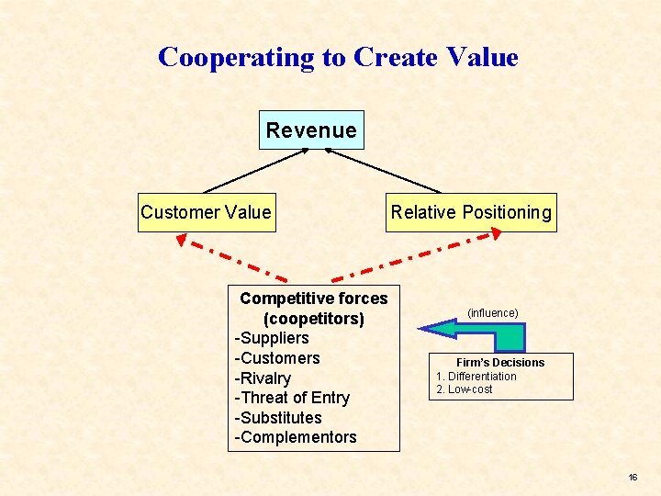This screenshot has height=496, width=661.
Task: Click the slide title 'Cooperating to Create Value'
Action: (x=338, y=57)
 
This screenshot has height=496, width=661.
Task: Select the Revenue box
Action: (x=311, y=130)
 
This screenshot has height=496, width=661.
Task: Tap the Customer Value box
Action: (x=206, y=212)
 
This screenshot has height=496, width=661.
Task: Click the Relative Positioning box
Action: (x=471, y=212)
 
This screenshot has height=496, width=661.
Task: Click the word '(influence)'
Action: (x=493, y=313)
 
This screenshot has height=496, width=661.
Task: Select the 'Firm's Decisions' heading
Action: (x=500, y=363)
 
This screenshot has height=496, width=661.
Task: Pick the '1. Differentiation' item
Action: (x=476, y=377)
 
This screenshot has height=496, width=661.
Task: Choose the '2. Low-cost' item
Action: (x=465, y=389)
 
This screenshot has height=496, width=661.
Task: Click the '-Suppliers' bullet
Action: (x=272, y=338)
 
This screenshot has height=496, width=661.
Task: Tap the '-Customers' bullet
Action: (x=277, y=358)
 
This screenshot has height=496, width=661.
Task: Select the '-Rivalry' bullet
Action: (x=263, y=378)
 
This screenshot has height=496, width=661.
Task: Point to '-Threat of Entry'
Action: (x=292, y=398)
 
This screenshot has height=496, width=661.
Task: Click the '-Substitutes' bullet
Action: (x=278, y=418)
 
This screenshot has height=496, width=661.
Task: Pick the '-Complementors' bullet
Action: (x=296, y=437)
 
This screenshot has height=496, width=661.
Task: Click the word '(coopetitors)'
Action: (x=314, y=319)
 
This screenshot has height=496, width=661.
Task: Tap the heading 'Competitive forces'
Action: (x=314, y=299)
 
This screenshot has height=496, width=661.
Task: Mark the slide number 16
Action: (x=633, y=478)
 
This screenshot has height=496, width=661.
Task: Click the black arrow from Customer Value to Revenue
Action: (x=255, y=170)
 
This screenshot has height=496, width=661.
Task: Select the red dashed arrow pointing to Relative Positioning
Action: (x=418, y=256)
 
